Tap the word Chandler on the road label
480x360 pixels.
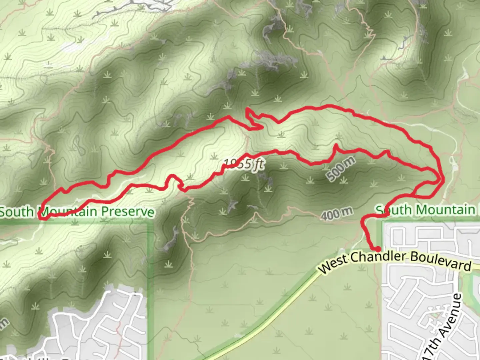[378, 257]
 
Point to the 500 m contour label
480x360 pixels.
[340, 169]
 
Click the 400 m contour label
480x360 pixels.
[337, 214]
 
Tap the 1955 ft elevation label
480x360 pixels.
[244, 164]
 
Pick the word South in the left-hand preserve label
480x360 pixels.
[17, 212]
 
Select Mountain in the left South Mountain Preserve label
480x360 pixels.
[68, 212]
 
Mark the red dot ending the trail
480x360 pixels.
[378, 249]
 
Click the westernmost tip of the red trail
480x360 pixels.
[40, 217]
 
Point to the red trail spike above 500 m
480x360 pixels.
[336, 145]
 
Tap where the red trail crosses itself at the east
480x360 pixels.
[437, 182]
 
